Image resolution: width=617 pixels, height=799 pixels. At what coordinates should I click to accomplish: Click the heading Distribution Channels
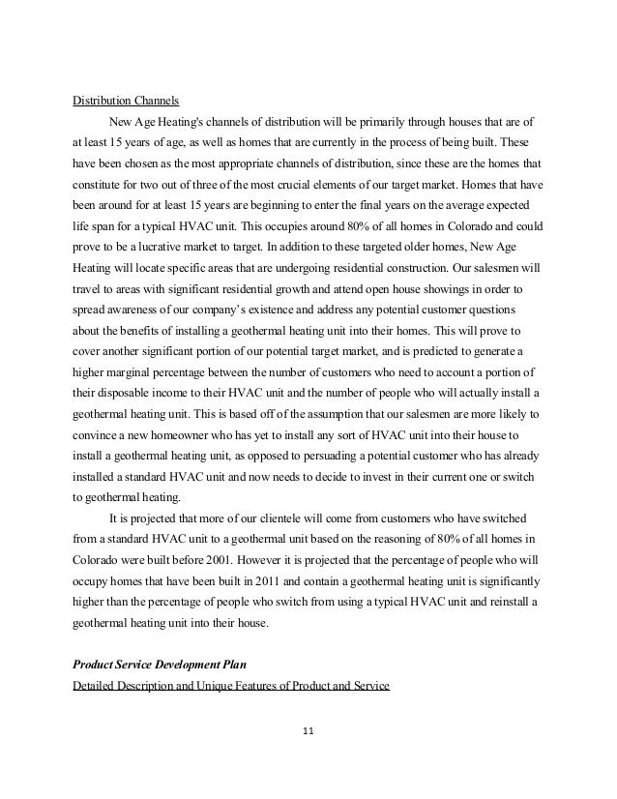[x=124, y=100]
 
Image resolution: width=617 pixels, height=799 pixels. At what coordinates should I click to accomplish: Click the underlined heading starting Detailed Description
[x=231, y=686]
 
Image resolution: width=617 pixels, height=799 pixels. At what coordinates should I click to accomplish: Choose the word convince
[x=97, y=434]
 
